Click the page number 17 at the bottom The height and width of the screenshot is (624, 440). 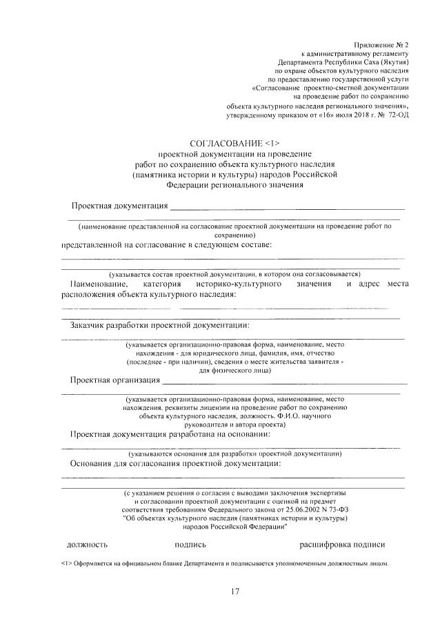click(234, 591)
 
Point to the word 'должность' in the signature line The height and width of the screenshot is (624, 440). click(87, 544)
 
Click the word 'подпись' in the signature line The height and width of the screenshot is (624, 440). click(191, 544)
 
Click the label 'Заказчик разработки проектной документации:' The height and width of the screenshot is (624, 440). click(159, 325)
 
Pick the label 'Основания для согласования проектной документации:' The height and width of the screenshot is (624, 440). click(175, 463)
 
